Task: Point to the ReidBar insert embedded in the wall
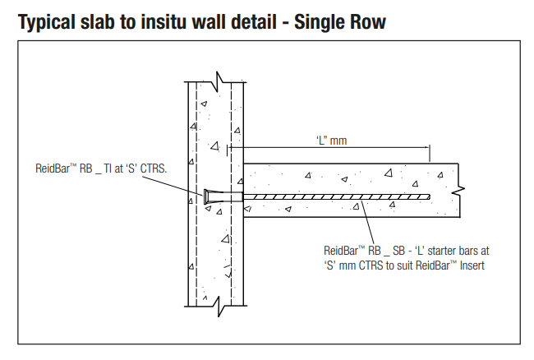(214, 196)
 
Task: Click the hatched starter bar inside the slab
(337, 196)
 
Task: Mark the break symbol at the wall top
(218, 81)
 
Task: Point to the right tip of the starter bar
(429, 196)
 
